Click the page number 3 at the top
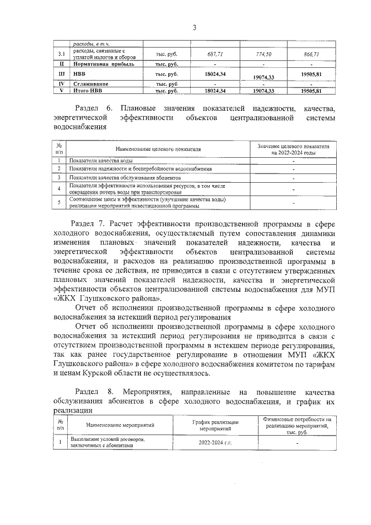click(x=195, y=27)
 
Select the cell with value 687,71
click(x=215, y=54)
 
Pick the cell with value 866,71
click(x=311, y=54)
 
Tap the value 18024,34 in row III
click(x=215, y=74)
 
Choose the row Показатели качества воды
click(x=104, y=160)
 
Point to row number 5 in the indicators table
click(x=59, y=202)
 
